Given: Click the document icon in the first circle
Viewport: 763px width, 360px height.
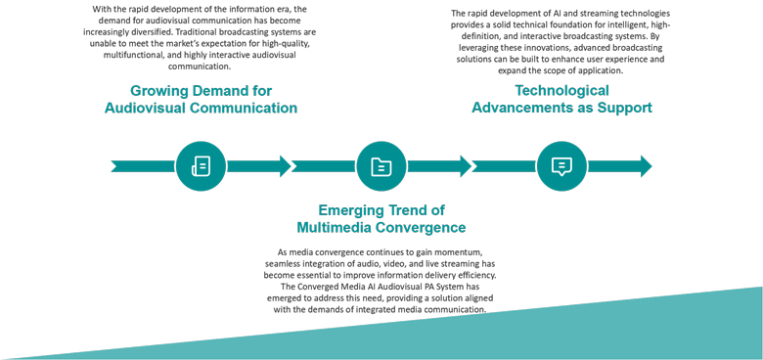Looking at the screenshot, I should tap(201, 166).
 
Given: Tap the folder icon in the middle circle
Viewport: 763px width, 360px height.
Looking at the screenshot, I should tap(381, 166).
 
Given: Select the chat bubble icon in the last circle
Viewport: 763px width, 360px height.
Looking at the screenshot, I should tap(561, 166).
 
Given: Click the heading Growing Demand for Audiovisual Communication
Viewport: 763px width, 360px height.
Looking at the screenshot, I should tap(201, 99).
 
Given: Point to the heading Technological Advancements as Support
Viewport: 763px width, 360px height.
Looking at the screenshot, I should tap(561, 99).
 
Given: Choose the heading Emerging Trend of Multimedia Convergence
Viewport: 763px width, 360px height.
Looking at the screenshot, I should tap(381, 218).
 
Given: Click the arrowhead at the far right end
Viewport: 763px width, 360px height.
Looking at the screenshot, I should tap(646, 166).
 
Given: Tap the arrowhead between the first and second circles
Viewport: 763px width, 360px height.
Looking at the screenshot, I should tap(285, 166).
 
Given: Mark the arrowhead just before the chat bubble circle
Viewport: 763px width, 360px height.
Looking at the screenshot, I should tap(466, 166).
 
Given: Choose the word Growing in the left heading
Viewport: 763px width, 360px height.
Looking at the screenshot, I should tap(160, 90).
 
